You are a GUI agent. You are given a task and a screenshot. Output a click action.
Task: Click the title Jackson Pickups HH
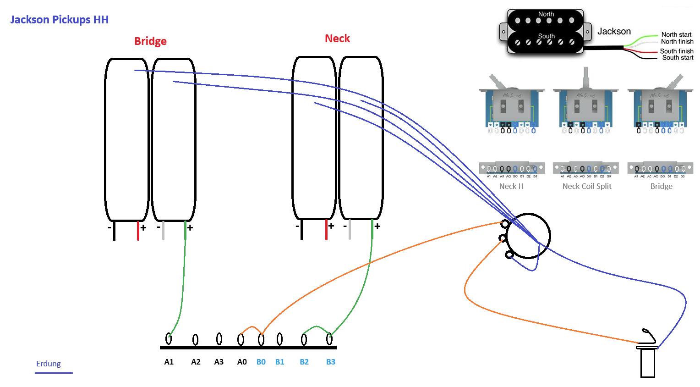tap(59, 20)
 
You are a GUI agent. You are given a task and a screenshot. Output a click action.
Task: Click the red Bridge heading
tap(150, 41)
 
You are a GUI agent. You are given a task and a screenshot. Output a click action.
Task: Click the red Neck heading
tap(337, 39)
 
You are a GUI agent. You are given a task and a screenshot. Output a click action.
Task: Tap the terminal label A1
tap(169, 362)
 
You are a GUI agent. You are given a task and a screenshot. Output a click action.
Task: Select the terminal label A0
tap(242, 362)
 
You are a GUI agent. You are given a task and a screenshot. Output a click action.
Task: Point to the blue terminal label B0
tap(261, 362)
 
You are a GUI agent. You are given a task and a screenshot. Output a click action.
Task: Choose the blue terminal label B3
tap(331, 362)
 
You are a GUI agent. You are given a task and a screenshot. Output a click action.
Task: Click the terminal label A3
tap(219, 362)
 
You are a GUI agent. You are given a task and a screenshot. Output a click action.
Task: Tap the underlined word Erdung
tap(49, 364)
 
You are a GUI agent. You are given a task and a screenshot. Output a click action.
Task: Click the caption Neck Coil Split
tap(587, 186)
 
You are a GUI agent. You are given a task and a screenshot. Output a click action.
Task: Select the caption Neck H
tap(511, 186)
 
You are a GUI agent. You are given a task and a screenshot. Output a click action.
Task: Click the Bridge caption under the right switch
tap(662, 186)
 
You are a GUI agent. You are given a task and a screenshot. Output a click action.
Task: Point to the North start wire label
tap(676, 34)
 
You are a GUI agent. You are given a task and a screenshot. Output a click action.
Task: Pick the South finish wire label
tap(676, 51)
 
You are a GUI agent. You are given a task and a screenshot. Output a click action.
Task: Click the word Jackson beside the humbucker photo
tap(614, 31)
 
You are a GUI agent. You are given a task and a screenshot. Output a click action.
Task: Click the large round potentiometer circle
tap(529, 236)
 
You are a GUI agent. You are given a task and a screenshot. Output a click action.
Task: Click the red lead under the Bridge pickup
tap(138, 231)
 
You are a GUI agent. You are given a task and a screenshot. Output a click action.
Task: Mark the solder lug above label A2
tap(196, 340)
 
